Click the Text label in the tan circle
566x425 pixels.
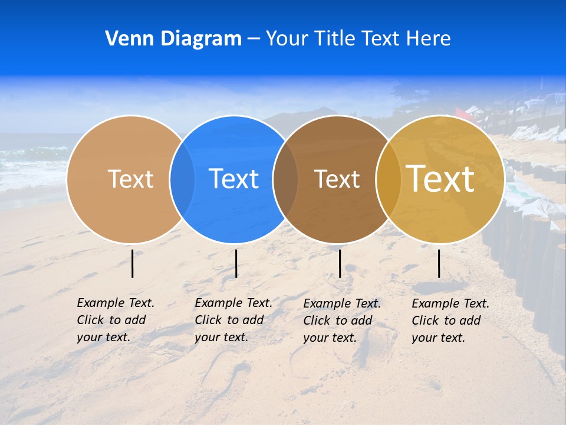pos(130,179)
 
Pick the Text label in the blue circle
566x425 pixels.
pos(234,179)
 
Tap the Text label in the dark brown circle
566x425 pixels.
pos(337,179)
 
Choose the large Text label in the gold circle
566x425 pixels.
pos(440,179)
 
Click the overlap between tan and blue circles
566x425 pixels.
pos(182,179)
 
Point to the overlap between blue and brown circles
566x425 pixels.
pos(285,179)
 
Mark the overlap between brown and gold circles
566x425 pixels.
pos(388,179)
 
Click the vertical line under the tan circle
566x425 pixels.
pos(133,263)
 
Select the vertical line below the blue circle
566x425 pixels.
pos(236,263)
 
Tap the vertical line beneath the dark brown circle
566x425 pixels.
pos(340,263)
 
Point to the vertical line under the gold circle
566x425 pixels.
pos(439,263)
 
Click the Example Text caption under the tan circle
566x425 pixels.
pos(115,320)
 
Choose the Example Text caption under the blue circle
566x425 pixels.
pos(233,320)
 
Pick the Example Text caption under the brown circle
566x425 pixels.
pos(341,321)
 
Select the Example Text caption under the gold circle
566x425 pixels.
pos(450,321)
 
